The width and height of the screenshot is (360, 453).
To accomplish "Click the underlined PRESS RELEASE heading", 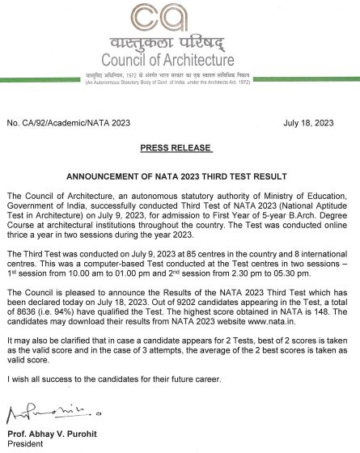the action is tap(176, 149).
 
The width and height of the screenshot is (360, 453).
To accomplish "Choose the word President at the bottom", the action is tap(25, 445).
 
